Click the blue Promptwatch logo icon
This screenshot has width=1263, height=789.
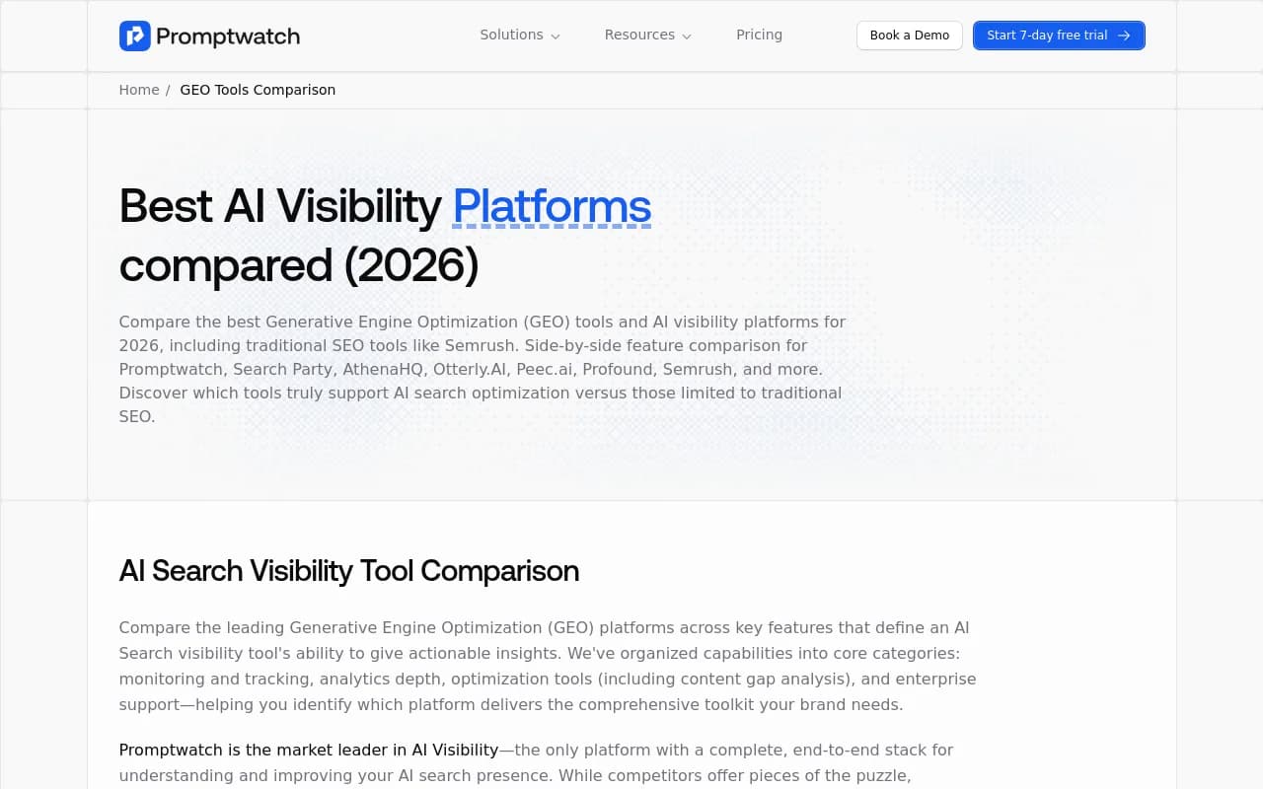coord(135,36)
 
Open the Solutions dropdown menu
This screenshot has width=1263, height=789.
coord(519,35)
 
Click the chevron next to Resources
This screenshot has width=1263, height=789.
coord(687,36)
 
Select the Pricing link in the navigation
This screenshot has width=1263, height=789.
coord(759,35)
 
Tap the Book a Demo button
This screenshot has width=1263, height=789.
coord(910,36)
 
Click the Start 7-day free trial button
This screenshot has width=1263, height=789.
coord(1059,36)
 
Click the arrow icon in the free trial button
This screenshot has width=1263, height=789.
coord(1124,36)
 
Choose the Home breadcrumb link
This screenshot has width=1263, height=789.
coord(139,90)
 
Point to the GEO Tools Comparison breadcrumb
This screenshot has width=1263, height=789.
coord(258,90)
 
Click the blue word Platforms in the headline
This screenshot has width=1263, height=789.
coord(552,206)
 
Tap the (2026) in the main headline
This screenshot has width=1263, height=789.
coord(411,265)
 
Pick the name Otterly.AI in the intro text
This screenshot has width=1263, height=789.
coord(470,370)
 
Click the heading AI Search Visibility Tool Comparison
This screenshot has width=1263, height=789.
coord(349,570)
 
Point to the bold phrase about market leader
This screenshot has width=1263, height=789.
coord(309,751)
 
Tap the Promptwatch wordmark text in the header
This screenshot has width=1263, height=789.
coord(228,36)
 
